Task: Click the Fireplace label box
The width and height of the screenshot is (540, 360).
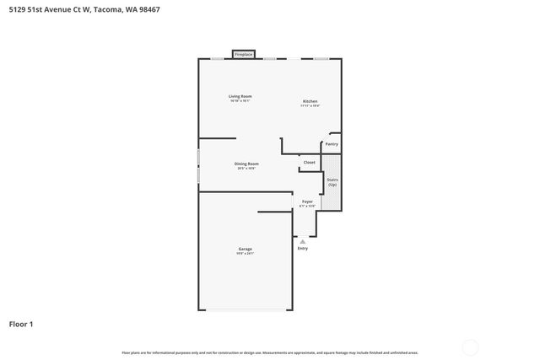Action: (x=243, y=54)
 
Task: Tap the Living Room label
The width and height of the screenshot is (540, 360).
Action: (x=240, y=96)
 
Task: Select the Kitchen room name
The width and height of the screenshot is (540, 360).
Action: (x=310, y=101)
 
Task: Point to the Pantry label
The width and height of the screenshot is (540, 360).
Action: (x=332, y=144)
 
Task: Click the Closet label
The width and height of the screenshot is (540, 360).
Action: (x=310, y=162)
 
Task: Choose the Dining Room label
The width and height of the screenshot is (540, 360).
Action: (x=246, y=164)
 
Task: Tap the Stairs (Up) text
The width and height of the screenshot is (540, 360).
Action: (x=332, y=181)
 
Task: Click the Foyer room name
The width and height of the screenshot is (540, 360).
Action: (x=307, y=201)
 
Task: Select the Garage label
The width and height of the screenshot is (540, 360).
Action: (x=246, y=249)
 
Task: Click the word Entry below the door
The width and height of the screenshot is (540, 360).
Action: (x=303, y=249)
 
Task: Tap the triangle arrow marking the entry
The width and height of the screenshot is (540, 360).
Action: (x=303, y=241)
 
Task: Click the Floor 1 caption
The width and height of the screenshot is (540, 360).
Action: (x=21, y=324)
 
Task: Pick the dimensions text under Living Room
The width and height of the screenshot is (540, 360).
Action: (x=240, y=101)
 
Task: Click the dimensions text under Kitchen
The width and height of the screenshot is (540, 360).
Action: (x=310, y=106)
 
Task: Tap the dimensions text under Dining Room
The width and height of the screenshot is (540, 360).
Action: (x=246, y=169)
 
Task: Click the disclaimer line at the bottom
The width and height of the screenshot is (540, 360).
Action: (x=270, y=352)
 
